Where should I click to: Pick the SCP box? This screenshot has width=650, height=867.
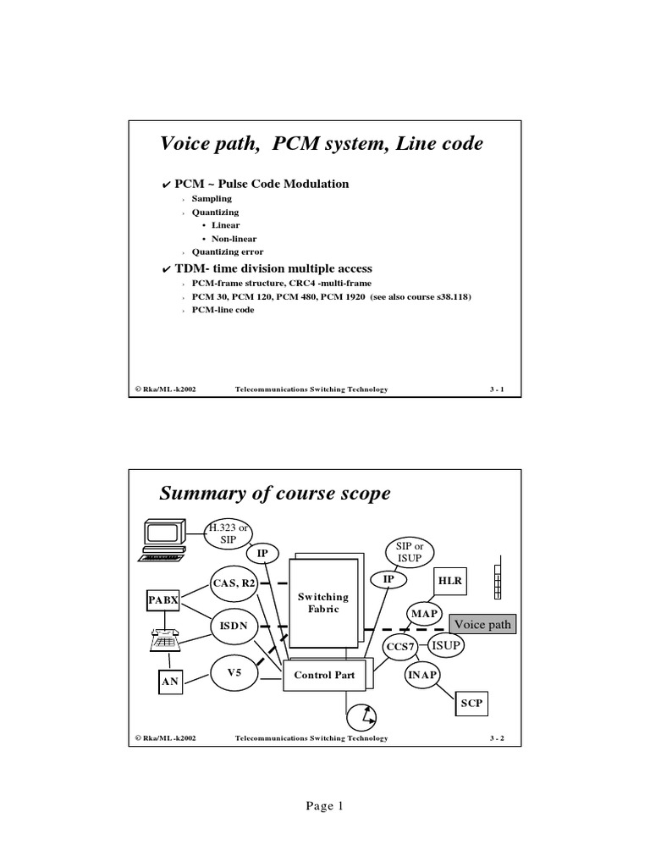click(471, 703)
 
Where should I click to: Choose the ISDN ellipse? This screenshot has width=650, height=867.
click(234, 627)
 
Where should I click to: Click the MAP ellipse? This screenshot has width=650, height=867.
click(425, 613)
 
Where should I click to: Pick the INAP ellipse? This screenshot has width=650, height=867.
click(423, 675)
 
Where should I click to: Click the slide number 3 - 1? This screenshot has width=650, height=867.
click(496, 389)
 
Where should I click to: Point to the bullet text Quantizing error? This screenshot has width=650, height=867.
click(228, 251)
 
